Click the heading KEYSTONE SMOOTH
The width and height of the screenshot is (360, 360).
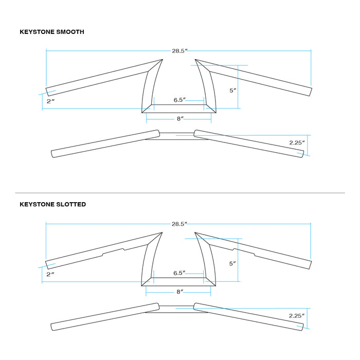[52, 32]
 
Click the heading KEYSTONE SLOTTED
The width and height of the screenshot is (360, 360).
[53, 204]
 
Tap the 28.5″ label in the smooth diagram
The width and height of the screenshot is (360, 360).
[180, 51]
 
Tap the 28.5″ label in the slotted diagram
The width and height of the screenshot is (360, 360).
[179, 224]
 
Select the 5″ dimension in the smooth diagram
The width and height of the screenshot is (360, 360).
[233, 91]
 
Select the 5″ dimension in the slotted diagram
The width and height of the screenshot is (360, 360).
[232, 263]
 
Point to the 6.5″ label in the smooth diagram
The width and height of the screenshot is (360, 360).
[179, 100]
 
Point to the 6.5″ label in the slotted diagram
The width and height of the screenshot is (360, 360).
[179, 273]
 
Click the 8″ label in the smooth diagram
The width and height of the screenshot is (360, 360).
[180, 119]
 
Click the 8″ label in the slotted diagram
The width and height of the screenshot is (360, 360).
[180, 292]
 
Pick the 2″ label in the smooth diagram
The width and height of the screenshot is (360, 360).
[50, 101]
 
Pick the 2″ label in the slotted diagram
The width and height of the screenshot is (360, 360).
[50, 274]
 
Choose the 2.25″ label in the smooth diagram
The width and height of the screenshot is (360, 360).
[297, 143]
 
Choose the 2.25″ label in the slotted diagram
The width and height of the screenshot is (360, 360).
[297, 316]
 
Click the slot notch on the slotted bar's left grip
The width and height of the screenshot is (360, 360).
[114, 251]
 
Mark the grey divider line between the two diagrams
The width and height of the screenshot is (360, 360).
[180, 193]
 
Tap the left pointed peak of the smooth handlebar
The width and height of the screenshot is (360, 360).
[163, 60]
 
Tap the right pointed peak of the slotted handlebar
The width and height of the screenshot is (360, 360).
[195, 232]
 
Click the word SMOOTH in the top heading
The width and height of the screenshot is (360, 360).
[70, 32]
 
